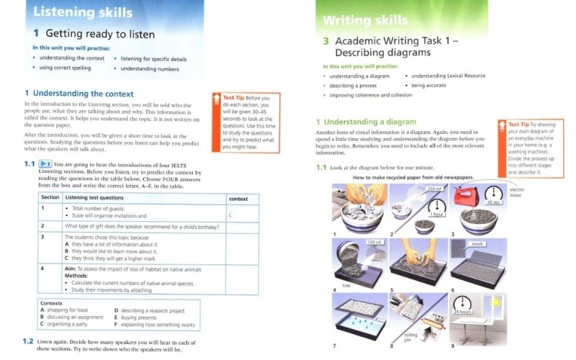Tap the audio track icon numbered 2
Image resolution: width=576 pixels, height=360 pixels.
pos(45,164)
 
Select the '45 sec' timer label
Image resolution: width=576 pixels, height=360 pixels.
pos(494,202)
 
